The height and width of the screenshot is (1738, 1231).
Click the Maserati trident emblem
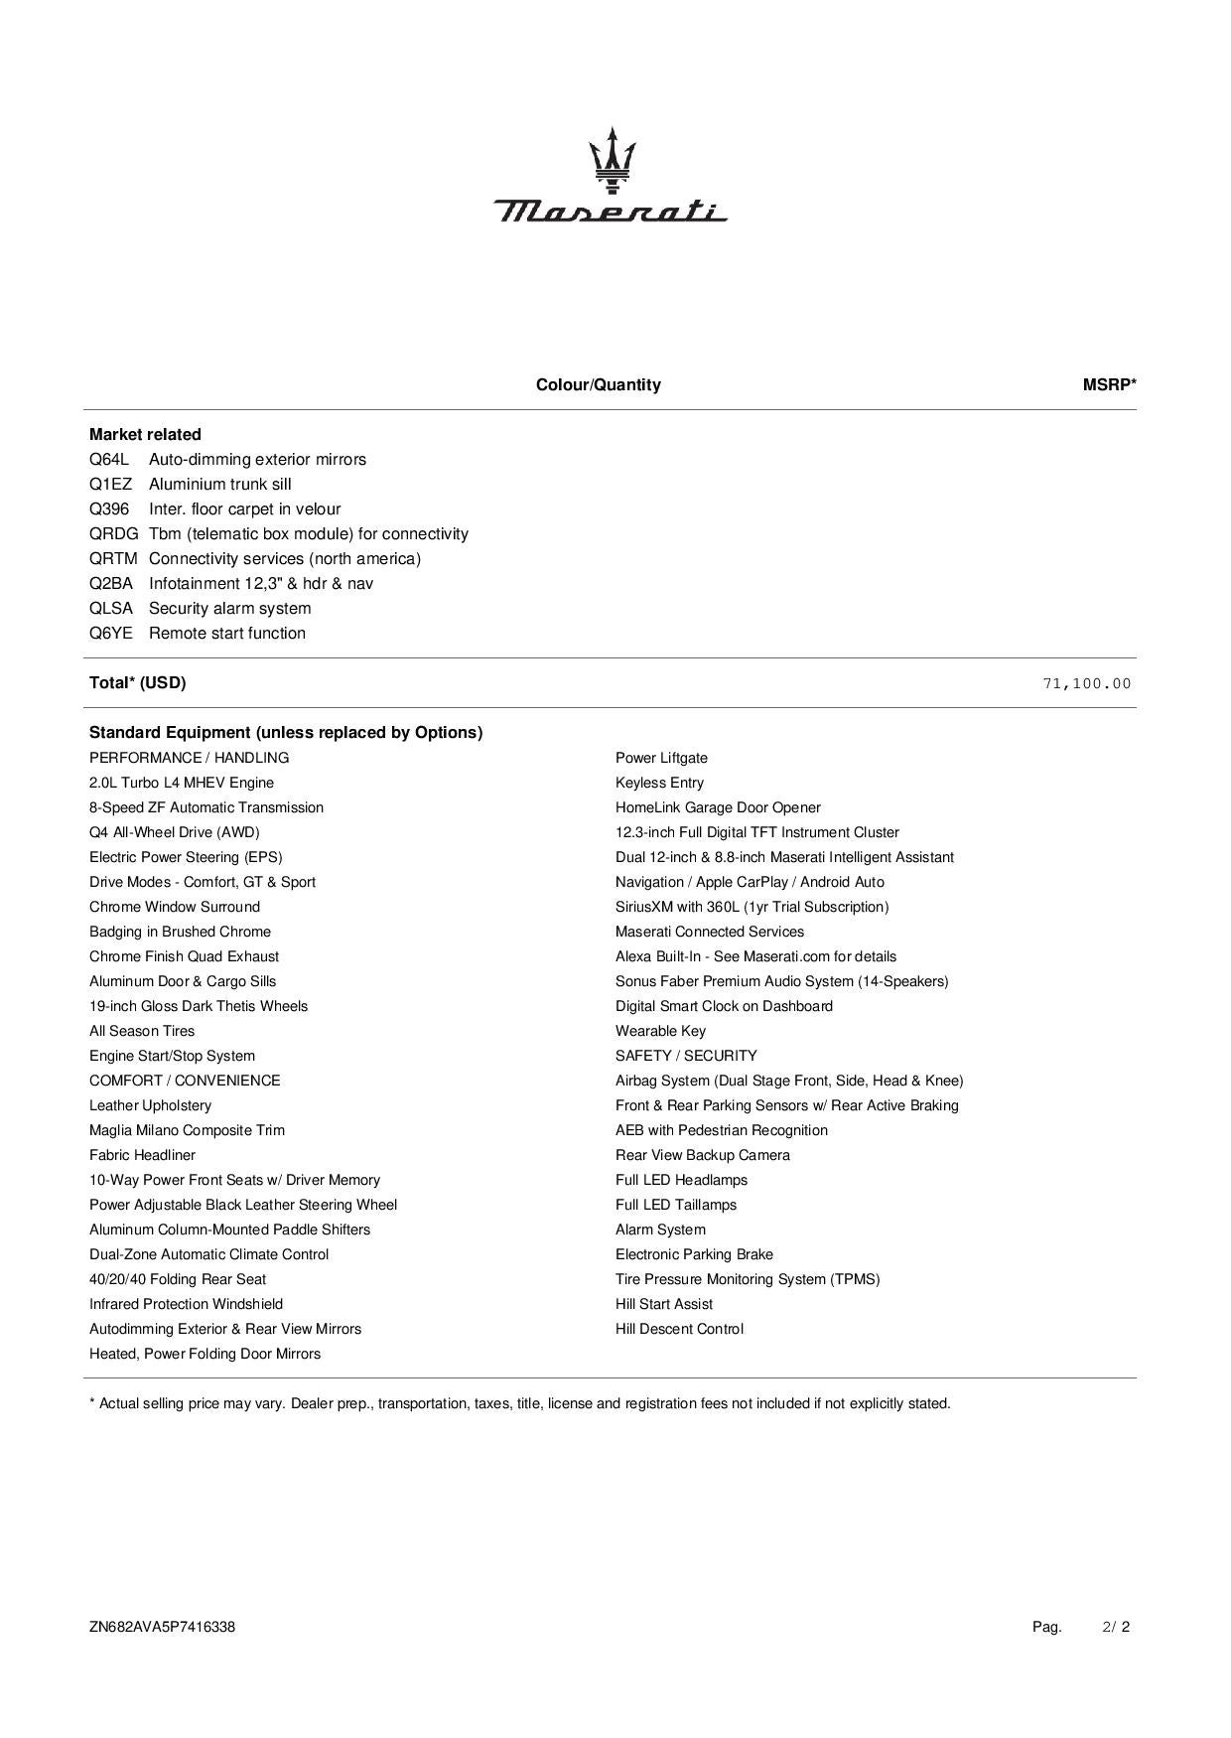point(612,159)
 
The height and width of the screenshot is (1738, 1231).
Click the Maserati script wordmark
point(611,211)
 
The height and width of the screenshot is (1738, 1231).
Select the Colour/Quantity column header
point(598,385)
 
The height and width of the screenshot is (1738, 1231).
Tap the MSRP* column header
point(1109,385)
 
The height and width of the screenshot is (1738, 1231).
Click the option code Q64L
point(109,460)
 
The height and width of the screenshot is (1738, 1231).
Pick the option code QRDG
point(113,534)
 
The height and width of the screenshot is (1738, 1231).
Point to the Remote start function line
point(227,634)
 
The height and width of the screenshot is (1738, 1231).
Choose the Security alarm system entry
point(229,609)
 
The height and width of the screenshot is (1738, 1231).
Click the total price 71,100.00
point(1086,683)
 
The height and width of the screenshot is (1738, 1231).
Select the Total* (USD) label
point(137,683)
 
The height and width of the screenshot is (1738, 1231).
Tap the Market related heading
point(145,435)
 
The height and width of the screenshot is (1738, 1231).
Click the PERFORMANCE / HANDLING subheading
point(189,758)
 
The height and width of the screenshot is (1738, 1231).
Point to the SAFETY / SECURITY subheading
point(686,1056)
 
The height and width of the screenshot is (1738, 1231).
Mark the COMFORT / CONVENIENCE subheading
point(185,1081)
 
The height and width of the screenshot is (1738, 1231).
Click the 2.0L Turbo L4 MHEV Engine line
point(182,783)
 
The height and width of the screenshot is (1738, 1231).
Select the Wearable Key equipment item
point(660,1031)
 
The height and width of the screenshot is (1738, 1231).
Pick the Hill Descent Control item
point(679,1329)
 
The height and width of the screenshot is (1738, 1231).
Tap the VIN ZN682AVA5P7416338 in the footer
point(162,1627)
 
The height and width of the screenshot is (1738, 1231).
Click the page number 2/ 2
point(1116,1627)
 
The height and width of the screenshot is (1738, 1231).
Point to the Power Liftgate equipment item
point(661,758)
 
